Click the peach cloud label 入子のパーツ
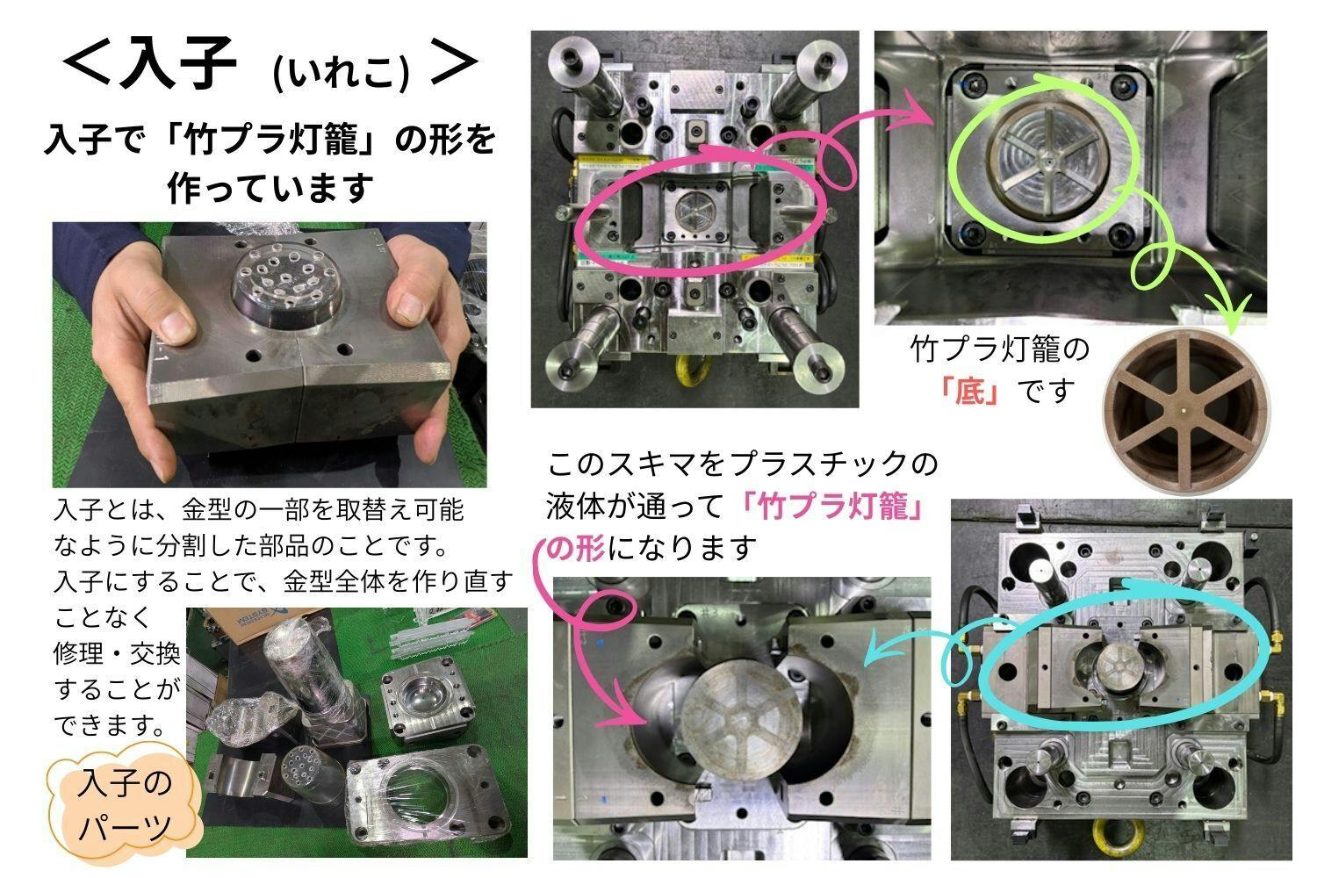tap(125, 805)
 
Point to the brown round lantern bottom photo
tap(1186, 410)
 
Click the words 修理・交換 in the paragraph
tap(117, 652)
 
